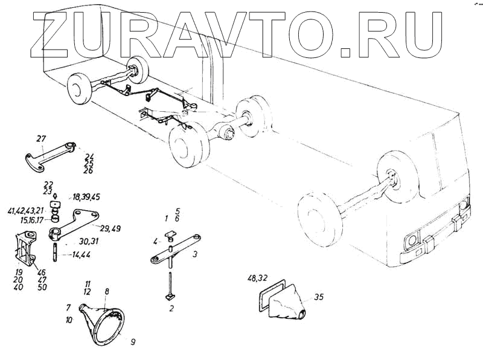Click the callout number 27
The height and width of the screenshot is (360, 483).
[x=41, y=140]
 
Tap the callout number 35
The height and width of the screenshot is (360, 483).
[x=319, y=297]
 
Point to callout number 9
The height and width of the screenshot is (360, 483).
[x=133, y=341]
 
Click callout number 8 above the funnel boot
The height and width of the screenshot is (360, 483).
[x=107, y=292]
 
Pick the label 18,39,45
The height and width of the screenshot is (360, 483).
[x=86, y=198]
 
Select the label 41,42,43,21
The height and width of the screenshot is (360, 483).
[x=43, y=211]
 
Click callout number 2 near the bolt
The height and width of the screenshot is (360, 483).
[x=171, y=309]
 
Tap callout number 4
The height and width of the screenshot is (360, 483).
[x=156, y=241]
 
